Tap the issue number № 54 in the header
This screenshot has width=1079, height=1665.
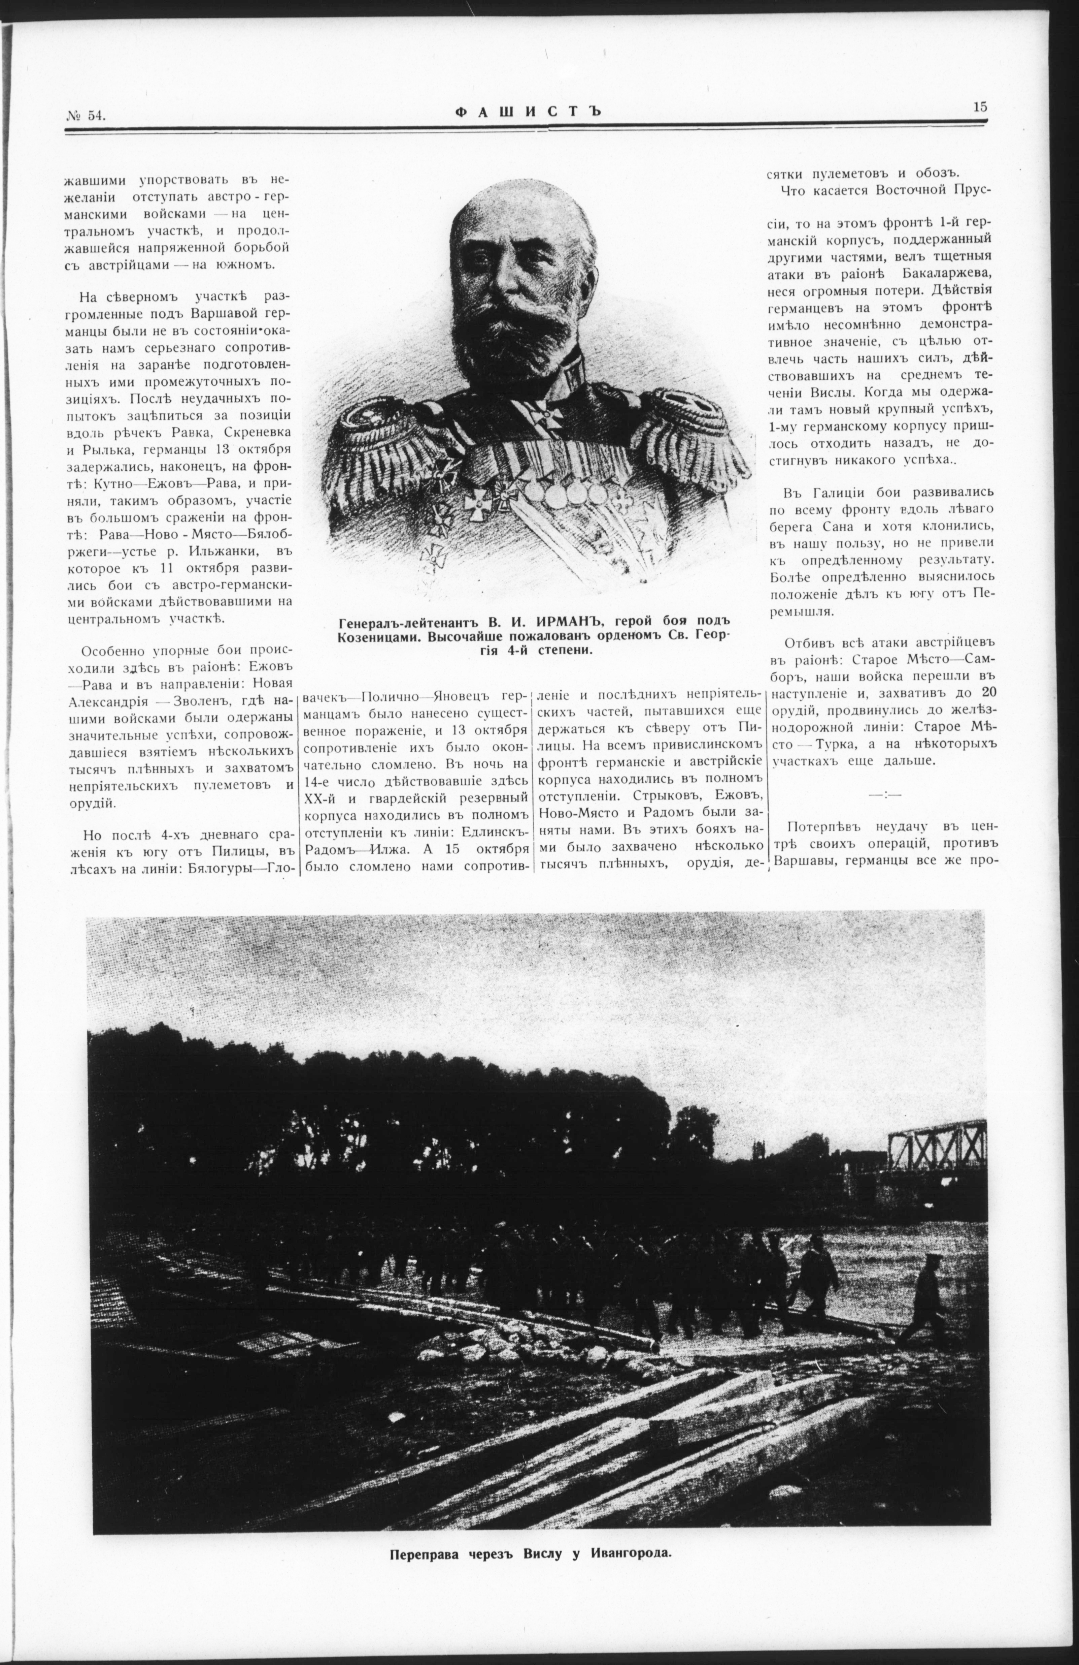pos(86,116)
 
